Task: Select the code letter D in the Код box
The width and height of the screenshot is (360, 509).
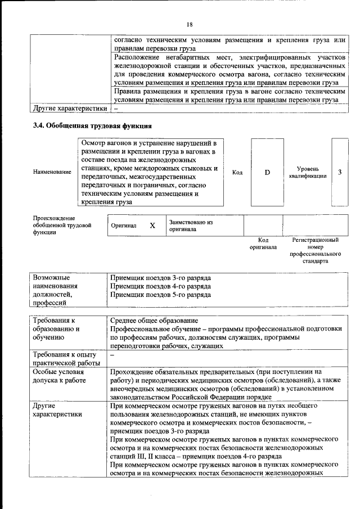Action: click(267, 172)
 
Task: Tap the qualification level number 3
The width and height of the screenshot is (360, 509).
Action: click(340, 172)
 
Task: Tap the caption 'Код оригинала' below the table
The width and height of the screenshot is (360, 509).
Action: click(263, 244)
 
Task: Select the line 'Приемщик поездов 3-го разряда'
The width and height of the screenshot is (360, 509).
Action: click(160, 278)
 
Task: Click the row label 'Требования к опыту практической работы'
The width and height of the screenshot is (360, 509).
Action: click(65, 358)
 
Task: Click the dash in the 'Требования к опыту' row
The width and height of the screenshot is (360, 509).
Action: click(113, 355)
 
